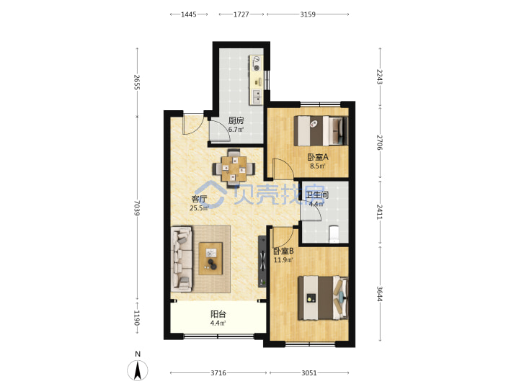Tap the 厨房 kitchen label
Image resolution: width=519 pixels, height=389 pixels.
coord(236,121)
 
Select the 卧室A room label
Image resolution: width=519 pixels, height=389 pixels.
coord(318,157)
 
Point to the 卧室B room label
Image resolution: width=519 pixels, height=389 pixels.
coord(283,251)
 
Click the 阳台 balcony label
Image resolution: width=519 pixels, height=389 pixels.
coord(218,314)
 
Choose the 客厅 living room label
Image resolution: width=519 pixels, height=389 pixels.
coord(199,199)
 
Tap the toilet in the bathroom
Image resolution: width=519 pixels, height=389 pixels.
coord(334,233)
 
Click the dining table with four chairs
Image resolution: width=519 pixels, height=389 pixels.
coord(234,169)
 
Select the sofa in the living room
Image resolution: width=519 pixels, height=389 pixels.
coord(182,259)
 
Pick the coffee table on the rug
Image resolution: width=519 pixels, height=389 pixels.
coord(210,259)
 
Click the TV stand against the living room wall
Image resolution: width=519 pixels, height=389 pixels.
coord(262,261)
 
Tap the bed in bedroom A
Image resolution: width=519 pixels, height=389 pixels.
coord(321,130)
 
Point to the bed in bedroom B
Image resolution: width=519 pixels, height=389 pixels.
coord(323,298)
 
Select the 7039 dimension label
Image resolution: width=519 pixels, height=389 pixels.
coord(137,208)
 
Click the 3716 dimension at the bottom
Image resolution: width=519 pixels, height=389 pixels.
coord(218,373)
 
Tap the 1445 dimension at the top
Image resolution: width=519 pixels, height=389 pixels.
coord(189,14)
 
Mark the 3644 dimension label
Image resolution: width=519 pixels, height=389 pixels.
coord(380,293)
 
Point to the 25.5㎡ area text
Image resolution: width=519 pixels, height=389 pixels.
coord(199,208)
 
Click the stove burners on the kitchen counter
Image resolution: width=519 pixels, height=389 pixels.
coord(256,64)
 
